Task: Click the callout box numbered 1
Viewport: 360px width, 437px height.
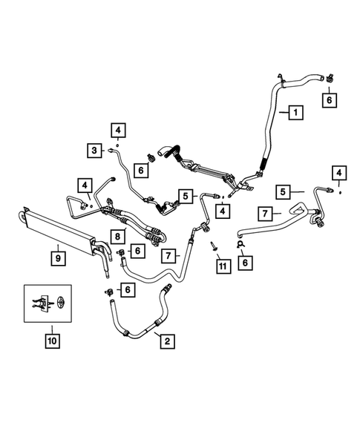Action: tap(295, 113)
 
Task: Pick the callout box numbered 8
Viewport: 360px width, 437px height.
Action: tap(117, 237)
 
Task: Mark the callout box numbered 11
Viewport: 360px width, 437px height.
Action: tap(220, 266)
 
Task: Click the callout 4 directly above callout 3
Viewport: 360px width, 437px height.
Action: tap(117, 131)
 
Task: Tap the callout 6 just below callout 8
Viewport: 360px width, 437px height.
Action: tap(138, 252)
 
